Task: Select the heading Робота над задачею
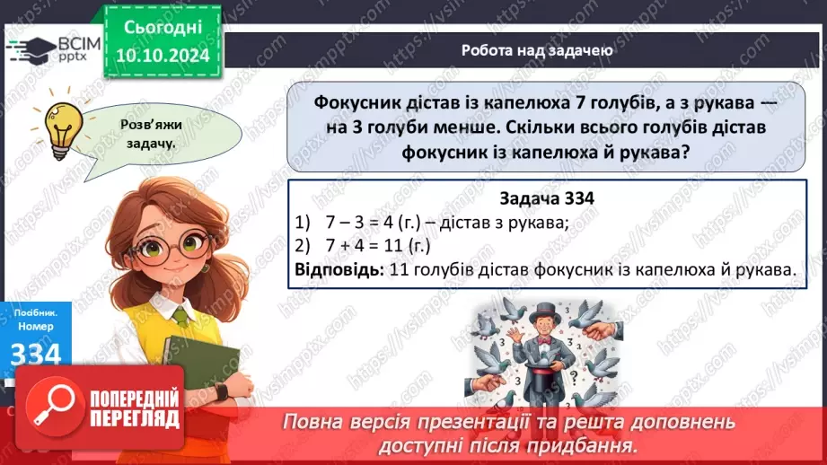point(537,50)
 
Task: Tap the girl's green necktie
point(182,317)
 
